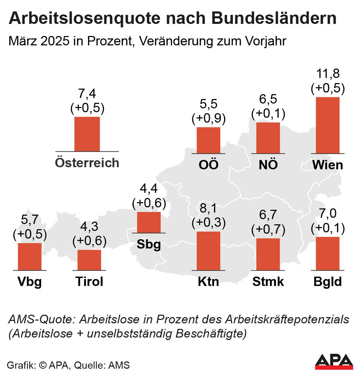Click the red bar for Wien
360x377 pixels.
tap(327, 125)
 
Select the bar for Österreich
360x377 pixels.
tap(87, 134)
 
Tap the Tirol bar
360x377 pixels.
tap(89, 260)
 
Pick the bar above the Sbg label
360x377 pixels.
tap(149, 222)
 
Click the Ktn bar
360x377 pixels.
tap(208, 251)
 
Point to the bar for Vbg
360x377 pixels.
tap(29, 257)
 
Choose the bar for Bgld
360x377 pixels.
tap(327, 253)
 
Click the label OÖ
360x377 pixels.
tap(209, 164)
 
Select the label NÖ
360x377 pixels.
tap(268, 164)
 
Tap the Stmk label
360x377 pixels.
tap(268, 282)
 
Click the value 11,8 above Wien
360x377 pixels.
tap(327, 74)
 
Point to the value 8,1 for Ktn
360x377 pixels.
tap(208, 209)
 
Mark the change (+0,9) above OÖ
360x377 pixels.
tap(208, 119)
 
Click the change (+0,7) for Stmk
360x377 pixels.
tap(268, 229)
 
